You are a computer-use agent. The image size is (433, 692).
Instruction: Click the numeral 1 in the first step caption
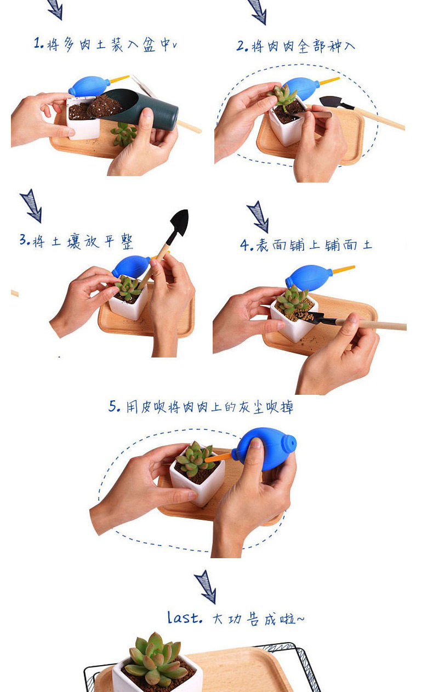click(37, 43)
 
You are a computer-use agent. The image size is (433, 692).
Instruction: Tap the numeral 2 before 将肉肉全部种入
click(241, 46)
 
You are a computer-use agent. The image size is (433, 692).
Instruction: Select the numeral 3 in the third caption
click(24, 240)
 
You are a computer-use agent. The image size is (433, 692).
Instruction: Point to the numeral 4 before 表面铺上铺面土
click(245, 245)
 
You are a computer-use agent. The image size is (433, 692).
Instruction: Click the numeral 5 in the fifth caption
click(113, 406)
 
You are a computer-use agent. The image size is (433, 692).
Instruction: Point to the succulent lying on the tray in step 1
click(124, 134)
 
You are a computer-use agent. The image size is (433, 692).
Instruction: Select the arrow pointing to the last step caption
click(206, 587)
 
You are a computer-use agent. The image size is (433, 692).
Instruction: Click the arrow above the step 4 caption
click(258, 216)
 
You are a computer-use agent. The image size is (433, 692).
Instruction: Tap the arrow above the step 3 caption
click(31, 206)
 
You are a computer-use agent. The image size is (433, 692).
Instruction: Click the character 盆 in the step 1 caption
click(149, 44)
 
